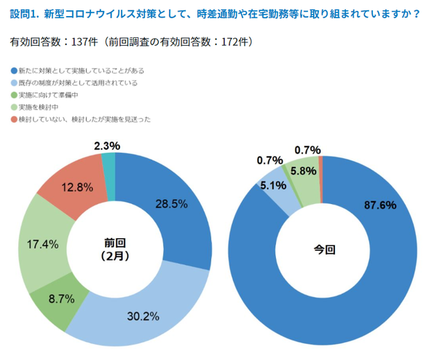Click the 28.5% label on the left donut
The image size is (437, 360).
click(170, 203)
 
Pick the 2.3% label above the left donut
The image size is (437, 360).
click(107, 146)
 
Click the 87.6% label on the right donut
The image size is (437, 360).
click(379, 206)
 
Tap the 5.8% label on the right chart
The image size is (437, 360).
click(304, 171)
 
